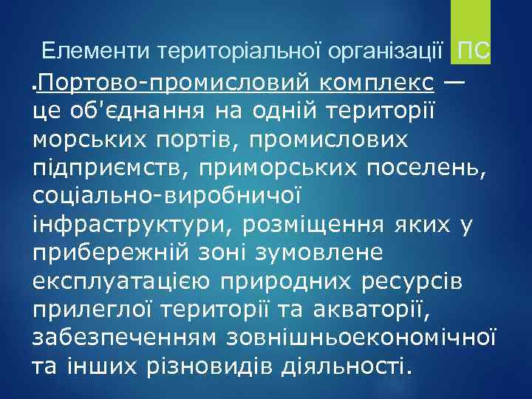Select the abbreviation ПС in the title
point(473,52)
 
